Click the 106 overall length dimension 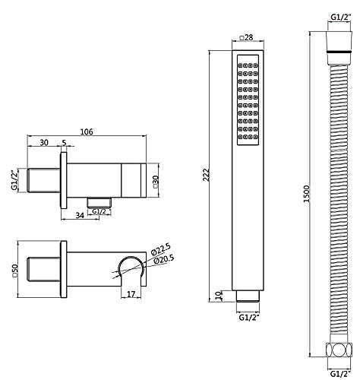tap(87, 131)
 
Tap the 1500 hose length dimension tap(307, 194)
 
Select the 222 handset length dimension tap(207, 175)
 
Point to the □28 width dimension tap(246, 37)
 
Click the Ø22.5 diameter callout tap(160, 249)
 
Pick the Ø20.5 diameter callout tap(163, 260)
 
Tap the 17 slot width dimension tap(131, 294)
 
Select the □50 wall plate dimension tap(14, 271)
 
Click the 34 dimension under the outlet tap(80, 215)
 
